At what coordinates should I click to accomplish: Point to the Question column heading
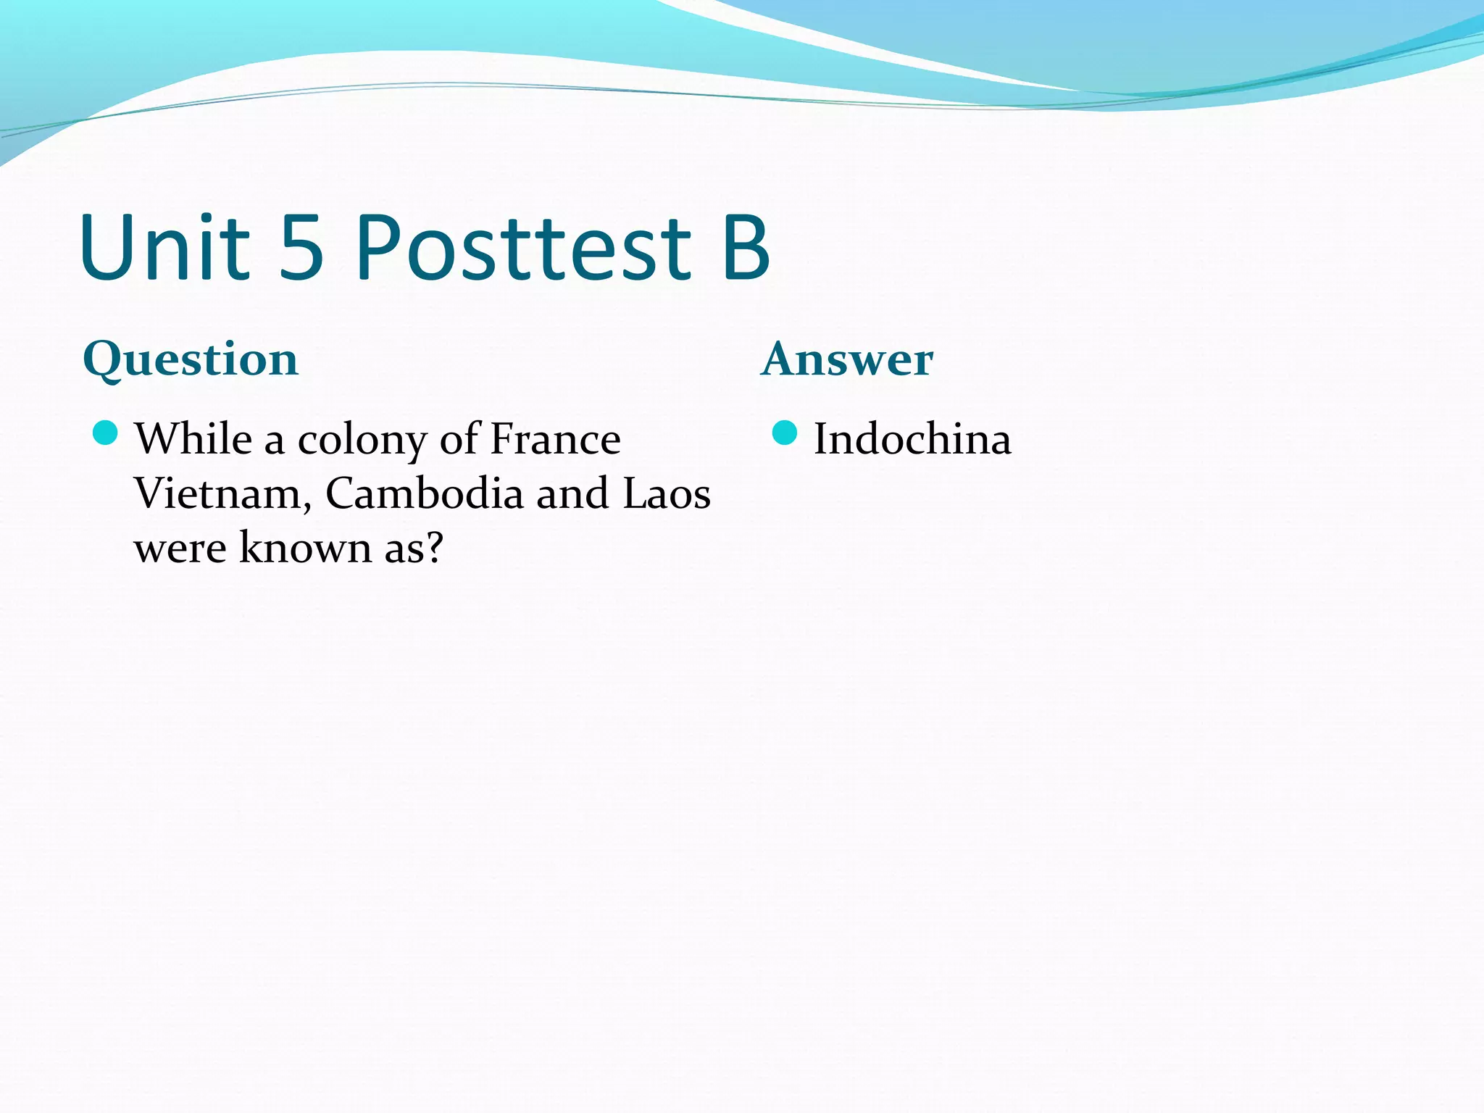(191, 359)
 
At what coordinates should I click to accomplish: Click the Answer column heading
(847, 359)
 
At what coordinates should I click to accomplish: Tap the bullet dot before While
(106, 433)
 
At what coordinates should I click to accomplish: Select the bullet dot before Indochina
(785, 433)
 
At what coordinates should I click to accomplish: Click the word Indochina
(912, 439)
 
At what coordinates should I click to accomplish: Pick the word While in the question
(193, 439)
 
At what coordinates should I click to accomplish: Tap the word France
(556, 439)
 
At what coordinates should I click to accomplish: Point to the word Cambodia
(425, 493)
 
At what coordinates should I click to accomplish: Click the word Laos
(667, 493)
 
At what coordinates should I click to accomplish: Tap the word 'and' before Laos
(572, 493)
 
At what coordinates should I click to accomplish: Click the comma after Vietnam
(307, 506)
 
